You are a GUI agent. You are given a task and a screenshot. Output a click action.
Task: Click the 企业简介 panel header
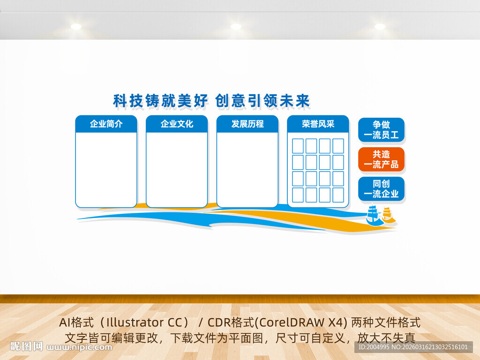[106, 124]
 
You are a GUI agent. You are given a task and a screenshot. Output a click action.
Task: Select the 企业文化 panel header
[177, 124]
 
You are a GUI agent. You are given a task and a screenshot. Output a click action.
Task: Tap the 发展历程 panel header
[247, 124]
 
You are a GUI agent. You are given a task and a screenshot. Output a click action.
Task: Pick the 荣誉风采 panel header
[318, 124]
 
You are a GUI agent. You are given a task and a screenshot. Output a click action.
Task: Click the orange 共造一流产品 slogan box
[381, 159]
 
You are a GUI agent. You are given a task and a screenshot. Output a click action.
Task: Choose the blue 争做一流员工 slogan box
[381, 130]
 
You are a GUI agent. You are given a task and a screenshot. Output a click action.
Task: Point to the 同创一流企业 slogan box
[381, 188]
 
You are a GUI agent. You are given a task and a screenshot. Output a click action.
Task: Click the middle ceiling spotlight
[236, 26]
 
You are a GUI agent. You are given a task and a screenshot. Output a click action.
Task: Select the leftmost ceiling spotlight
[76, 26]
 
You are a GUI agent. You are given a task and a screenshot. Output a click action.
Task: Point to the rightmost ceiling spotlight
[380, 26]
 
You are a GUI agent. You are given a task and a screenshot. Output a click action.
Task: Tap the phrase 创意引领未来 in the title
[262, 100]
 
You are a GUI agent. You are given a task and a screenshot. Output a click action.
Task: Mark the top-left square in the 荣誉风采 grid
[298, 146]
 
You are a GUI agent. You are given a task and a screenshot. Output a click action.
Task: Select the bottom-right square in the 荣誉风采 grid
[338, 195]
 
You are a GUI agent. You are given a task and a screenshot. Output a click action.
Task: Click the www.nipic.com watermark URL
[80, 347]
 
